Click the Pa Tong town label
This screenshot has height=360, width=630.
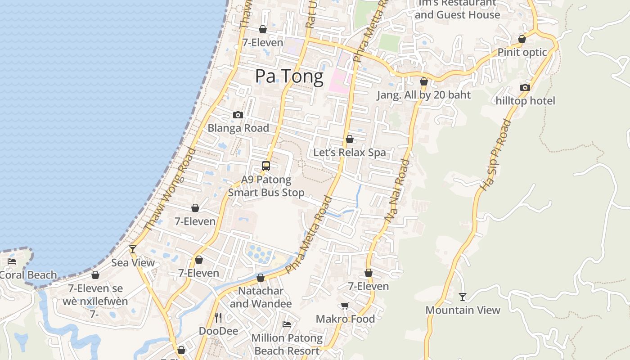click(289, 76)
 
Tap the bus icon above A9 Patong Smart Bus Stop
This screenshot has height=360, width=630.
click(266, 166)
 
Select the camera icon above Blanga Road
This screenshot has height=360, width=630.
click(238, 115)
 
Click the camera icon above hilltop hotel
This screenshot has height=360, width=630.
click(525, 87)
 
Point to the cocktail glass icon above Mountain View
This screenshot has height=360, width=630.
click(462, 297)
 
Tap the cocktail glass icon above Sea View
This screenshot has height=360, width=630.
click(133, 249)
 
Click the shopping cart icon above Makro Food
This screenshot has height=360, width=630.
click(345, 306)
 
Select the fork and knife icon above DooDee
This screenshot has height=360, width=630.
click(218, 318)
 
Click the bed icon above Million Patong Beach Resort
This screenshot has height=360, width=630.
click(287, 324)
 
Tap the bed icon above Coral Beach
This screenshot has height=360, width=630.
click(12, 261)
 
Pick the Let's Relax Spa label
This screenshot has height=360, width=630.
click(349, 153)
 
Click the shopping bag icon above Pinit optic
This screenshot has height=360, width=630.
click(522, 39)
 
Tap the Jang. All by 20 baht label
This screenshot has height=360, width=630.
click(423, 95)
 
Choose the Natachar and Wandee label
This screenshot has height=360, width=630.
click(261, 297)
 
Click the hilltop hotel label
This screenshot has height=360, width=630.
click(525, 101)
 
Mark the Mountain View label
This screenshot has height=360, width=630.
click(463, 310)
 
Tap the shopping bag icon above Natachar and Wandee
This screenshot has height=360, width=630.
click(261, 278)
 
